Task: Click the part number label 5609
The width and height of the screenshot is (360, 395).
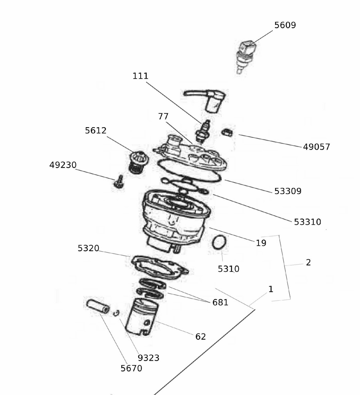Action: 285,25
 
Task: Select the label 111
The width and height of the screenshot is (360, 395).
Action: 140,76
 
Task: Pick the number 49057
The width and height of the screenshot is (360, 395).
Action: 316,147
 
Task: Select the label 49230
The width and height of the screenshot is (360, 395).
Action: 63,165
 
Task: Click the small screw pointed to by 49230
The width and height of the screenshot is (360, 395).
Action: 118,182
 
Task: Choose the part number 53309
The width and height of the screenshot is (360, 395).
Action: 288,191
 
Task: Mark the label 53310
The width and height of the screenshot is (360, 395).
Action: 307,222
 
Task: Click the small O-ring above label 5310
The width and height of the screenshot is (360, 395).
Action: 219,242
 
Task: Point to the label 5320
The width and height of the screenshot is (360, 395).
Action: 88,248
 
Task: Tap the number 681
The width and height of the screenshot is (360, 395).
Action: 220,303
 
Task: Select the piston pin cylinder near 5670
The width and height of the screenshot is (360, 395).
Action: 98,306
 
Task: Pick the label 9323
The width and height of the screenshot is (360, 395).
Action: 148,358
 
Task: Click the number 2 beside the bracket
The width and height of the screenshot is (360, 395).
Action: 308,262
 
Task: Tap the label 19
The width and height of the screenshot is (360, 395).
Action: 261,243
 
